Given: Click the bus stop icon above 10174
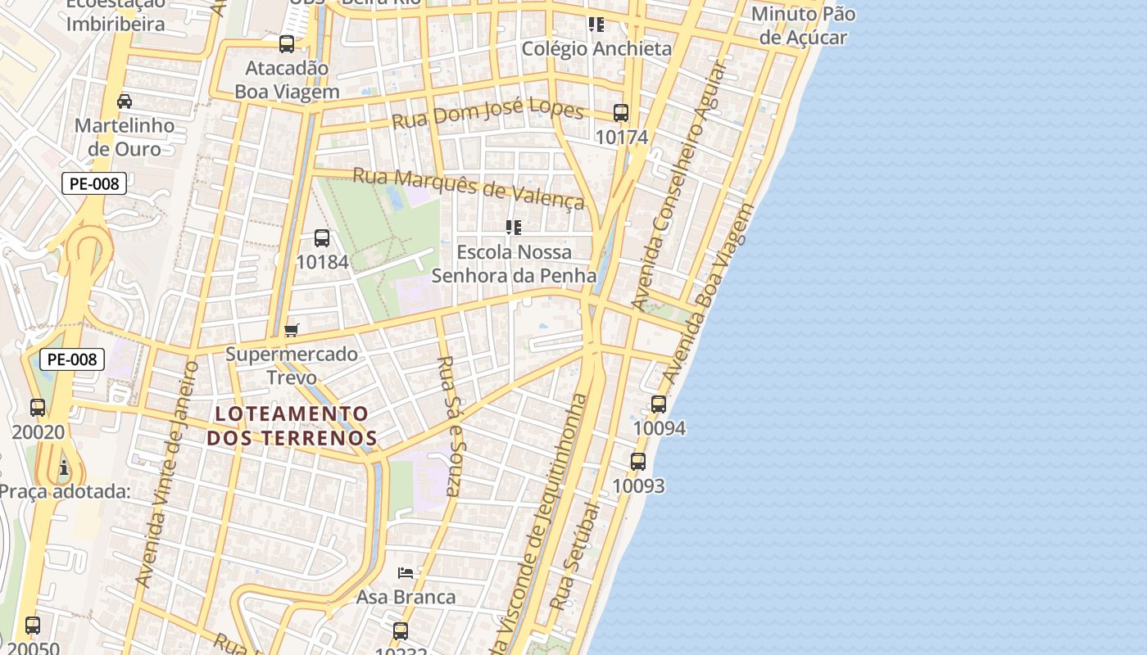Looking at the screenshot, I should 621,113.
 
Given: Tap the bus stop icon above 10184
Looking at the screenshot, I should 322,238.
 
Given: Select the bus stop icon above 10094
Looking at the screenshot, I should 659,404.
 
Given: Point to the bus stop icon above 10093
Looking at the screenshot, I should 638,462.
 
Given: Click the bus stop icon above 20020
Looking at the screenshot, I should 37,408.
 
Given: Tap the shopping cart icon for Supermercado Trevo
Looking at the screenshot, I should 292,331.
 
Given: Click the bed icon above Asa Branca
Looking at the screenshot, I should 406,572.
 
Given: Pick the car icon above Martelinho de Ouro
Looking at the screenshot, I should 125,102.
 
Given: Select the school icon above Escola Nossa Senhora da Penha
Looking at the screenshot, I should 514,227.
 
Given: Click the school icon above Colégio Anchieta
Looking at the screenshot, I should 596,25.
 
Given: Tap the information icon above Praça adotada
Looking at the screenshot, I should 64,468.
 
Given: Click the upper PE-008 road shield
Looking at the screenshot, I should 94,183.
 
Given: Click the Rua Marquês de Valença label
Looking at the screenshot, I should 469,187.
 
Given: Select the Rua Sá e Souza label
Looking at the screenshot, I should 451,426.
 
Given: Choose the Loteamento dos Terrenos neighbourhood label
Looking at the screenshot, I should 292,426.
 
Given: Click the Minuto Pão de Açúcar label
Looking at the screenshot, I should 803,25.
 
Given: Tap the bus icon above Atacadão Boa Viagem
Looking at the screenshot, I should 287,44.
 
